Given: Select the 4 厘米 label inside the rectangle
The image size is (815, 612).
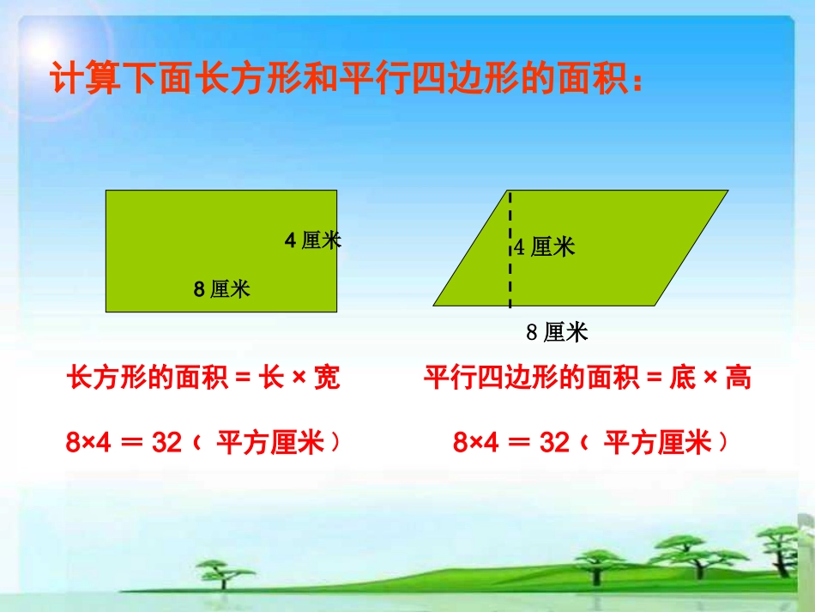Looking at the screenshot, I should (x=312, y=241).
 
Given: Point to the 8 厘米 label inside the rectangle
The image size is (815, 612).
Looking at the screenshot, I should (x=222, y=289).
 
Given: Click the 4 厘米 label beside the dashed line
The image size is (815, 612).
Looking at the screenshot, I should (x=546, y=247).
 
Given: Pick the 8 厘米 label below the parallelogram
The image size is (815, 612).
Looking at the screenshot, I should (x=557, y=332).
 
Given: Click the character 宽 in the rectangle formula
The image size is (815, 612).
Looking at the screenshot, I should (x=327, y=378).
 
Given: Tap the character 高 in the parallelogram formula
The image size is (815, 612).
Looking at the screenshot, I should (x=739, y=378).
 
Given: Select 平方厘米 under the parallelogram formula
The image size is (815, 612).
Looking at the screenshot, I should (x=658, y=443).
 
